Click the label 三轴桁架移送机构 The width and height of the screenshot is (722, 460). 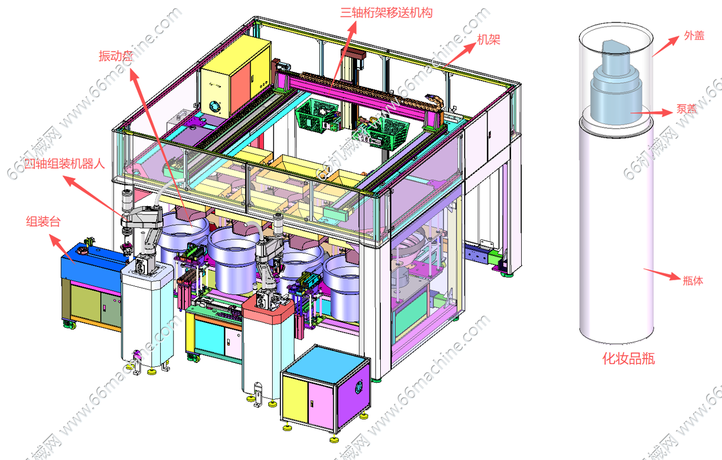[386, 13]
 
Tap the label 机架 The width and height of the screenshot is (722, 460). [488, 40]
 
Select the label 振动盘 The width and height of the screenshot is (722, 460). [116, 56]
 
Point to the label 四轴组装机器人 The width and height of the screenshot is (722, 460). [65, 163]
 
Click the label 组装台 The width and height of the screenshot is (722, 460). [43, 222]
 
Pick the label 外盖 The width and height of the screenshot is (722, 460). [694, 36]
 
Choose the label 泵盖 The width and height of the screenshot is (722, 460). [686, 109]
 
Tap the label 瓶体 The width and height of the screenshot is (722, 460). [693, 281]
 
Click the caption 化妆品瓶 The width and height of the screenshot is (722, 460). [629, 359]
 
